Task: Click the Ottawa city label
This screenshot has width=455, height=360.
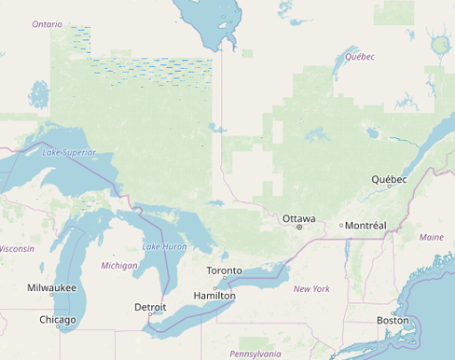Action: pos(299,219)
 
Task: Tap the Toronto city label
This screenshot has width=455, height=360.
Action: pos(224,270)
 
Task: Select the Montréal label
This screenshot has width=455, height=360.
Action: pos(365,226)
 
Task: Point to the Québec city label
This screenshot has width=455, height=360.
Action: pos(389,178)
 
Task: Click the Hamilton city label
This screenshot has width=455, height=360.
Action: pos(214,296)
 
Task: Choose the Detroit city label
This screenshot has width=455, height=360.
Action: pos(150,306)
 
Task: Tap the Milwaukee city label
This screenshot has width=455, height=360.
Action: pos(52,288)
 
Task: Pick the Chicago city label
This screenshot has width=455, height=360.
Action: pos(58,319)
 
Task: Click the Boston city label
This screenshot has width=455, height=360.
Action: pos(393,320)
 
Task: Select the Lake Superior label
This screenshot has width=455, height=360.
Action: pos(69,151)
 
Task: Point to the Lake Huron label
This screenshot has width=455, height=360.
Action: pos(164,246)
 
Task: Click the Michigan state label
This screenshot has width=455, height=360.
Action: pos(119,265)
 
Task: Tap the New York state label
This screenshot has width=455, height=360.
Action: pos(311,289)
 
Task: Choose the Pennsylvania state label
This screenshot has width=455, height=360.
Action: pos(255,353)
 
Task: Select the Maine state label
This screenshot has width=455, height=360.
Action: pos(432,237)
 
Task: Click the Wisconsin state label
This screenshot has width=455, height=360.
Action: pos(16,249)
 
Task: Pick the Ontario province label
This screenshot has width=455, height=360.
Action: pos(47,24)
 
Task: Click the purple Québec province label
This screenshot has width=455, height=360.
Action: pos(359,57)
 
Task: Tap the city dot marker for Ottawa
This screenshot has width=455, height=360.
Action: pos(299,227)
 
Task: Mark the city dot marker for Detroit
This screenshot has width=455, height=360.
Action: pos(150,313)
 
